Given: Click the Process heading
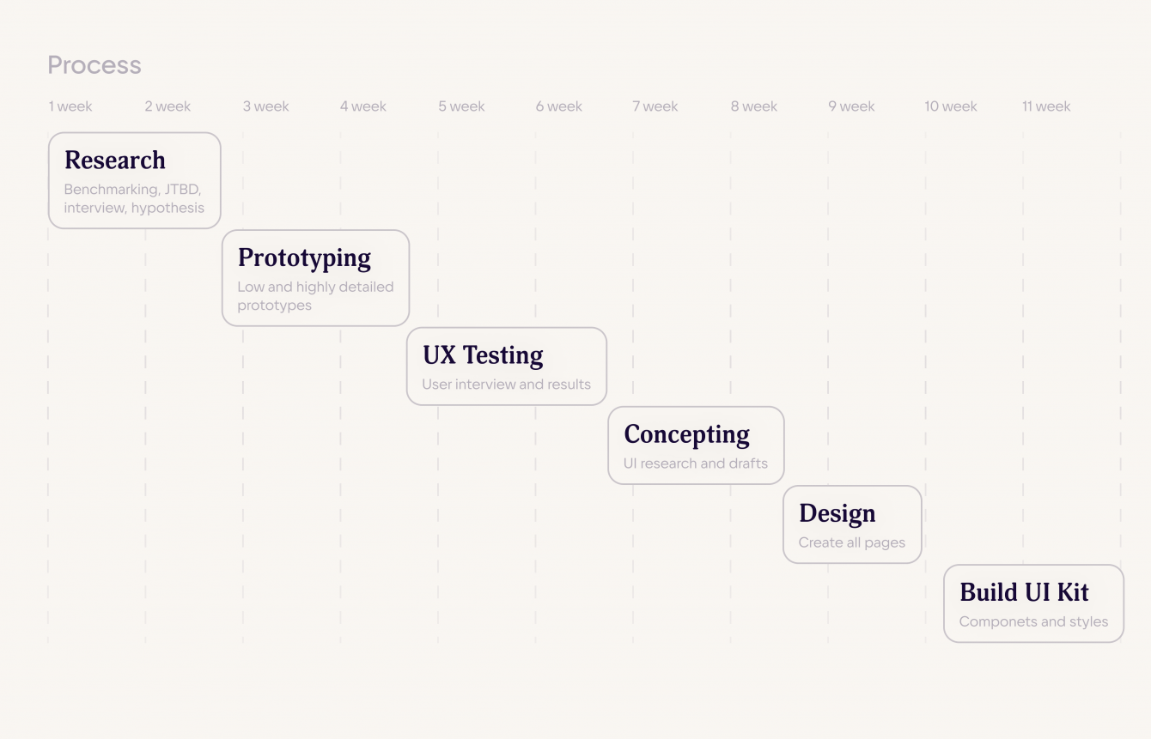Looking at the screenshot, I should tap(94, 65).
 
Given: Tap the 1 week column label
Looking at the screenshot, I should tap(70, 106).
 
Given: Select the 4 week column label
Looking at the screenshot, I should tap(363, 106).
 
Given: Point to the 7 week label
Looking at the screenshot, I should tap(655, 106).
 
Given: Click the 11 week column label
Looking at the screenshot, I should tap(1046, 106).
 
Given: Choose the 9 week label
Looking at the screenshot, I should tap(851, 106).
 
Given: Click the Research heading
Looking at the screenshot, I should tap(115, 161).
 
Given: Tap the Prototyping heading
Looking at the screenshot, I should tap(304, 258).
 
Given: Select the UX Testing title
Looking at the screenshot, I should tap(483, 355).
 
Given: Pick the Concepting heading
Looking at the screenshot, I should tap(686, 434).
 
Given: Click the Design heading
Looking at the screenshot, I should tap(837, 513).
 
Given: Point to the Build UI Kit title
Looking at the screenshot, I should tap(1024, 592).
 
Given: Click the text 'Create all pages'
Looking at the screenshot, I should tap(852, 542).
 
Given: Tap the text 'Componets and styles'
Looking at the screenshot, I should tap(1033, 621).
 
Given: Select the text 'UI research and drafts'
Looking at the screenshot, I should tap(696, 463).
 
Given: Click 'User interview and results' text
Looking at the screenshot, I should tap(506, 385).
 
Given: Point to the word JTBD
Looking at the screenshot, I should tap(183, 189).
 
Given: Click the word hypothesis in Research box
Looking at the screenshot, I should tap(167, 208).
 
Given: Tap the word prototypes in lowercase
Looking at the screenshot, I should tap(274, 306).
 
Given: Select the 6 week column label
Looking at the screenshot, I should tap(559, 106).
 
